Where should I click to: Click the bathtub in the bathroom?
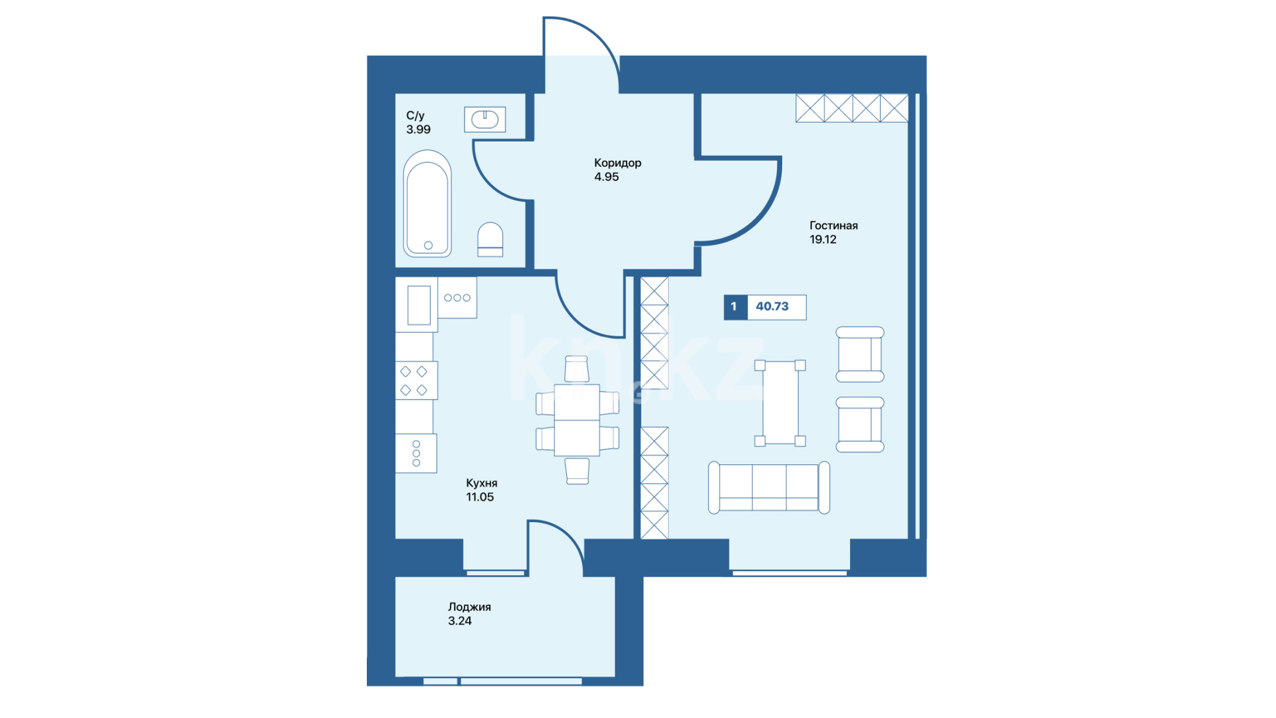point(427,203)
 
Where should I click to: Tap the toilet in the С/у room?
point(490,239)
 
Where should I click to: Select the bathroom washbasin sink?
point(485,120)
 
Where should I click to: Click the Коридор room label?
point(617,163)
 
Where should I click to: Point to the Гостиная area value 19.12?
point(823,240)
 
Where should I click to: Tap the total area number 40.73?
point(772,306)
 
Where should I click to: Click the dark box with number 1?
point(735,307)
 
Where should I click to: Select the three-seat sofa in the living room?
point(769,488)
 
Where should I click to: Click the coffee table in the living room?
point(780,403)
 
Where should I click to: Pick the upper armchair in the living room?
point(860,354)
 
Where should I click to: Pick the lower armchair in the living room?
point(860,425)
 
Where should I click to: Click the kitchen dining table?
point(577,420)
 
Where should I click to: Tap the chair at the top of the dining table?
point(577,369)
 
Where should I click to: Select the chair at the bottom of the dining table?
point(577,471)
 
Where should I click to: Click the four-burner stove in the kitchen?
point(416,380)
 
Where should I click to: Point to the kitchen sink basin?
point(419,305)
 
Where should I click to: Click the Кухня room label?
point(482,483)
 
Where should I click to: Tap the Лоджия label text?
point(469,607)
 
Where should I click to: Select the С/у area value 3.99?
point(419,130)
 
